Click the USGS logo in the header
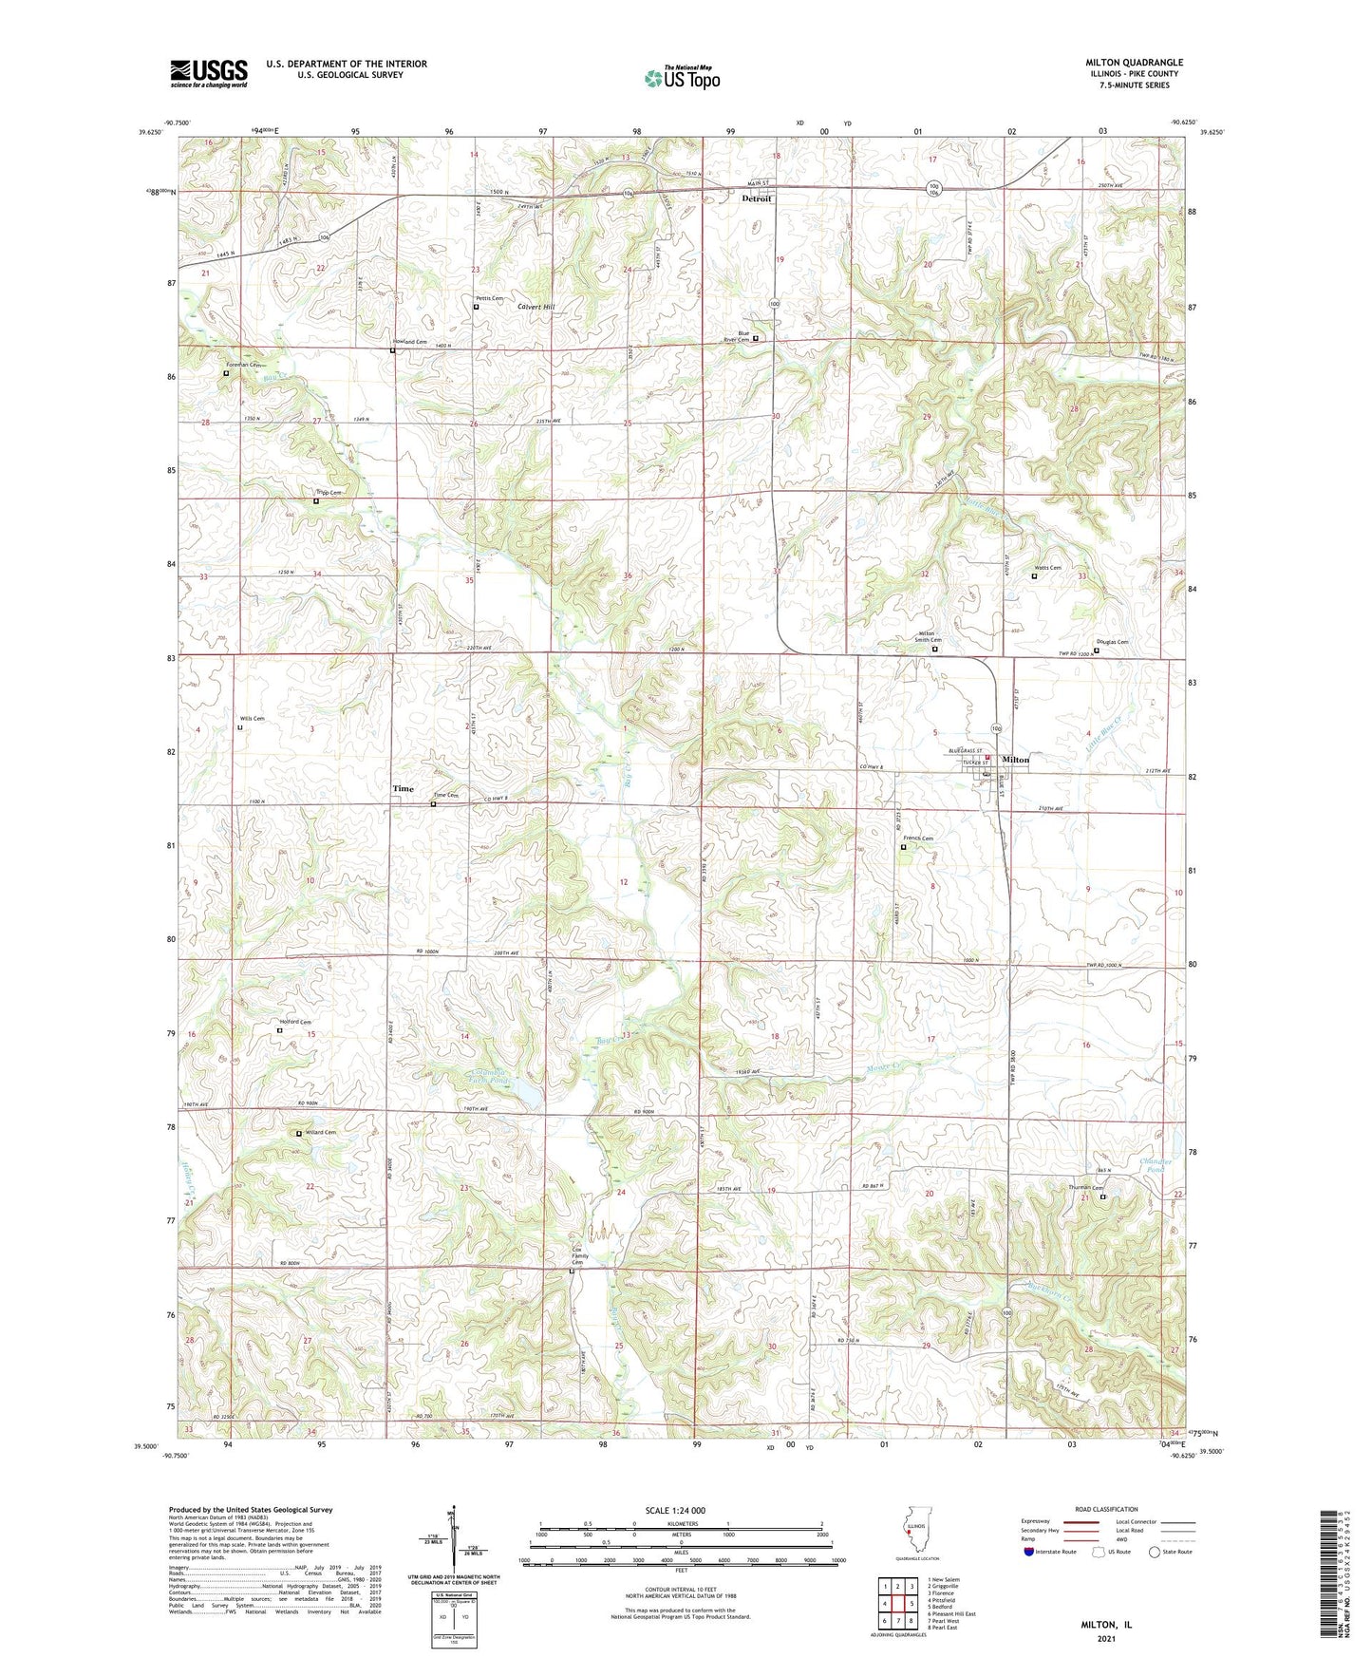pos(208,73)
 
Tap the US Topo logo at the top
pos(681,78)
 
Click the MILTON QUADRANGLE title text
pos(1134,63)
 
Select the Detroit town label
pos(756,198)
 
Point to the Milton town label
pos(1015,760)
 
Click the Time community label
pos(403,788)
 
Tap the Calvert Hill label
pos(536,307)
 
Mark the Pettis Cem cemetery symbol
pos(477,308)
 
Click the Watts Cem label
pos(1047,568)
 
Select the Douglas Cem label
pos(1112,642)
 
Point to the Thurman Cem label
pos(1082,1188)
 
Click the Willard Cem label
pos(320,1133)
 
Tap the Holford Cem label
pos(295,1022)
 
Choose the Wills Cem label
pos(252,719)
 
